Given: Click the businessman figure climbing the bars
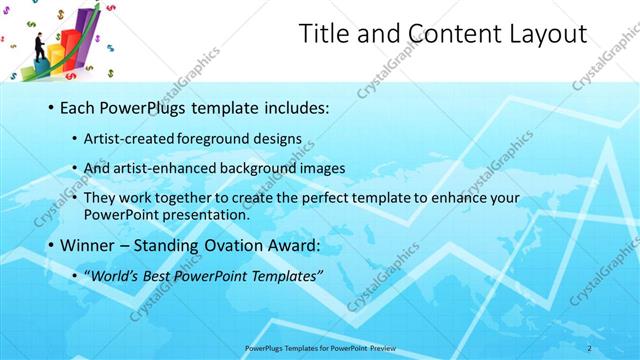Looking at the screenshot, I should tap(38, 47).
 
